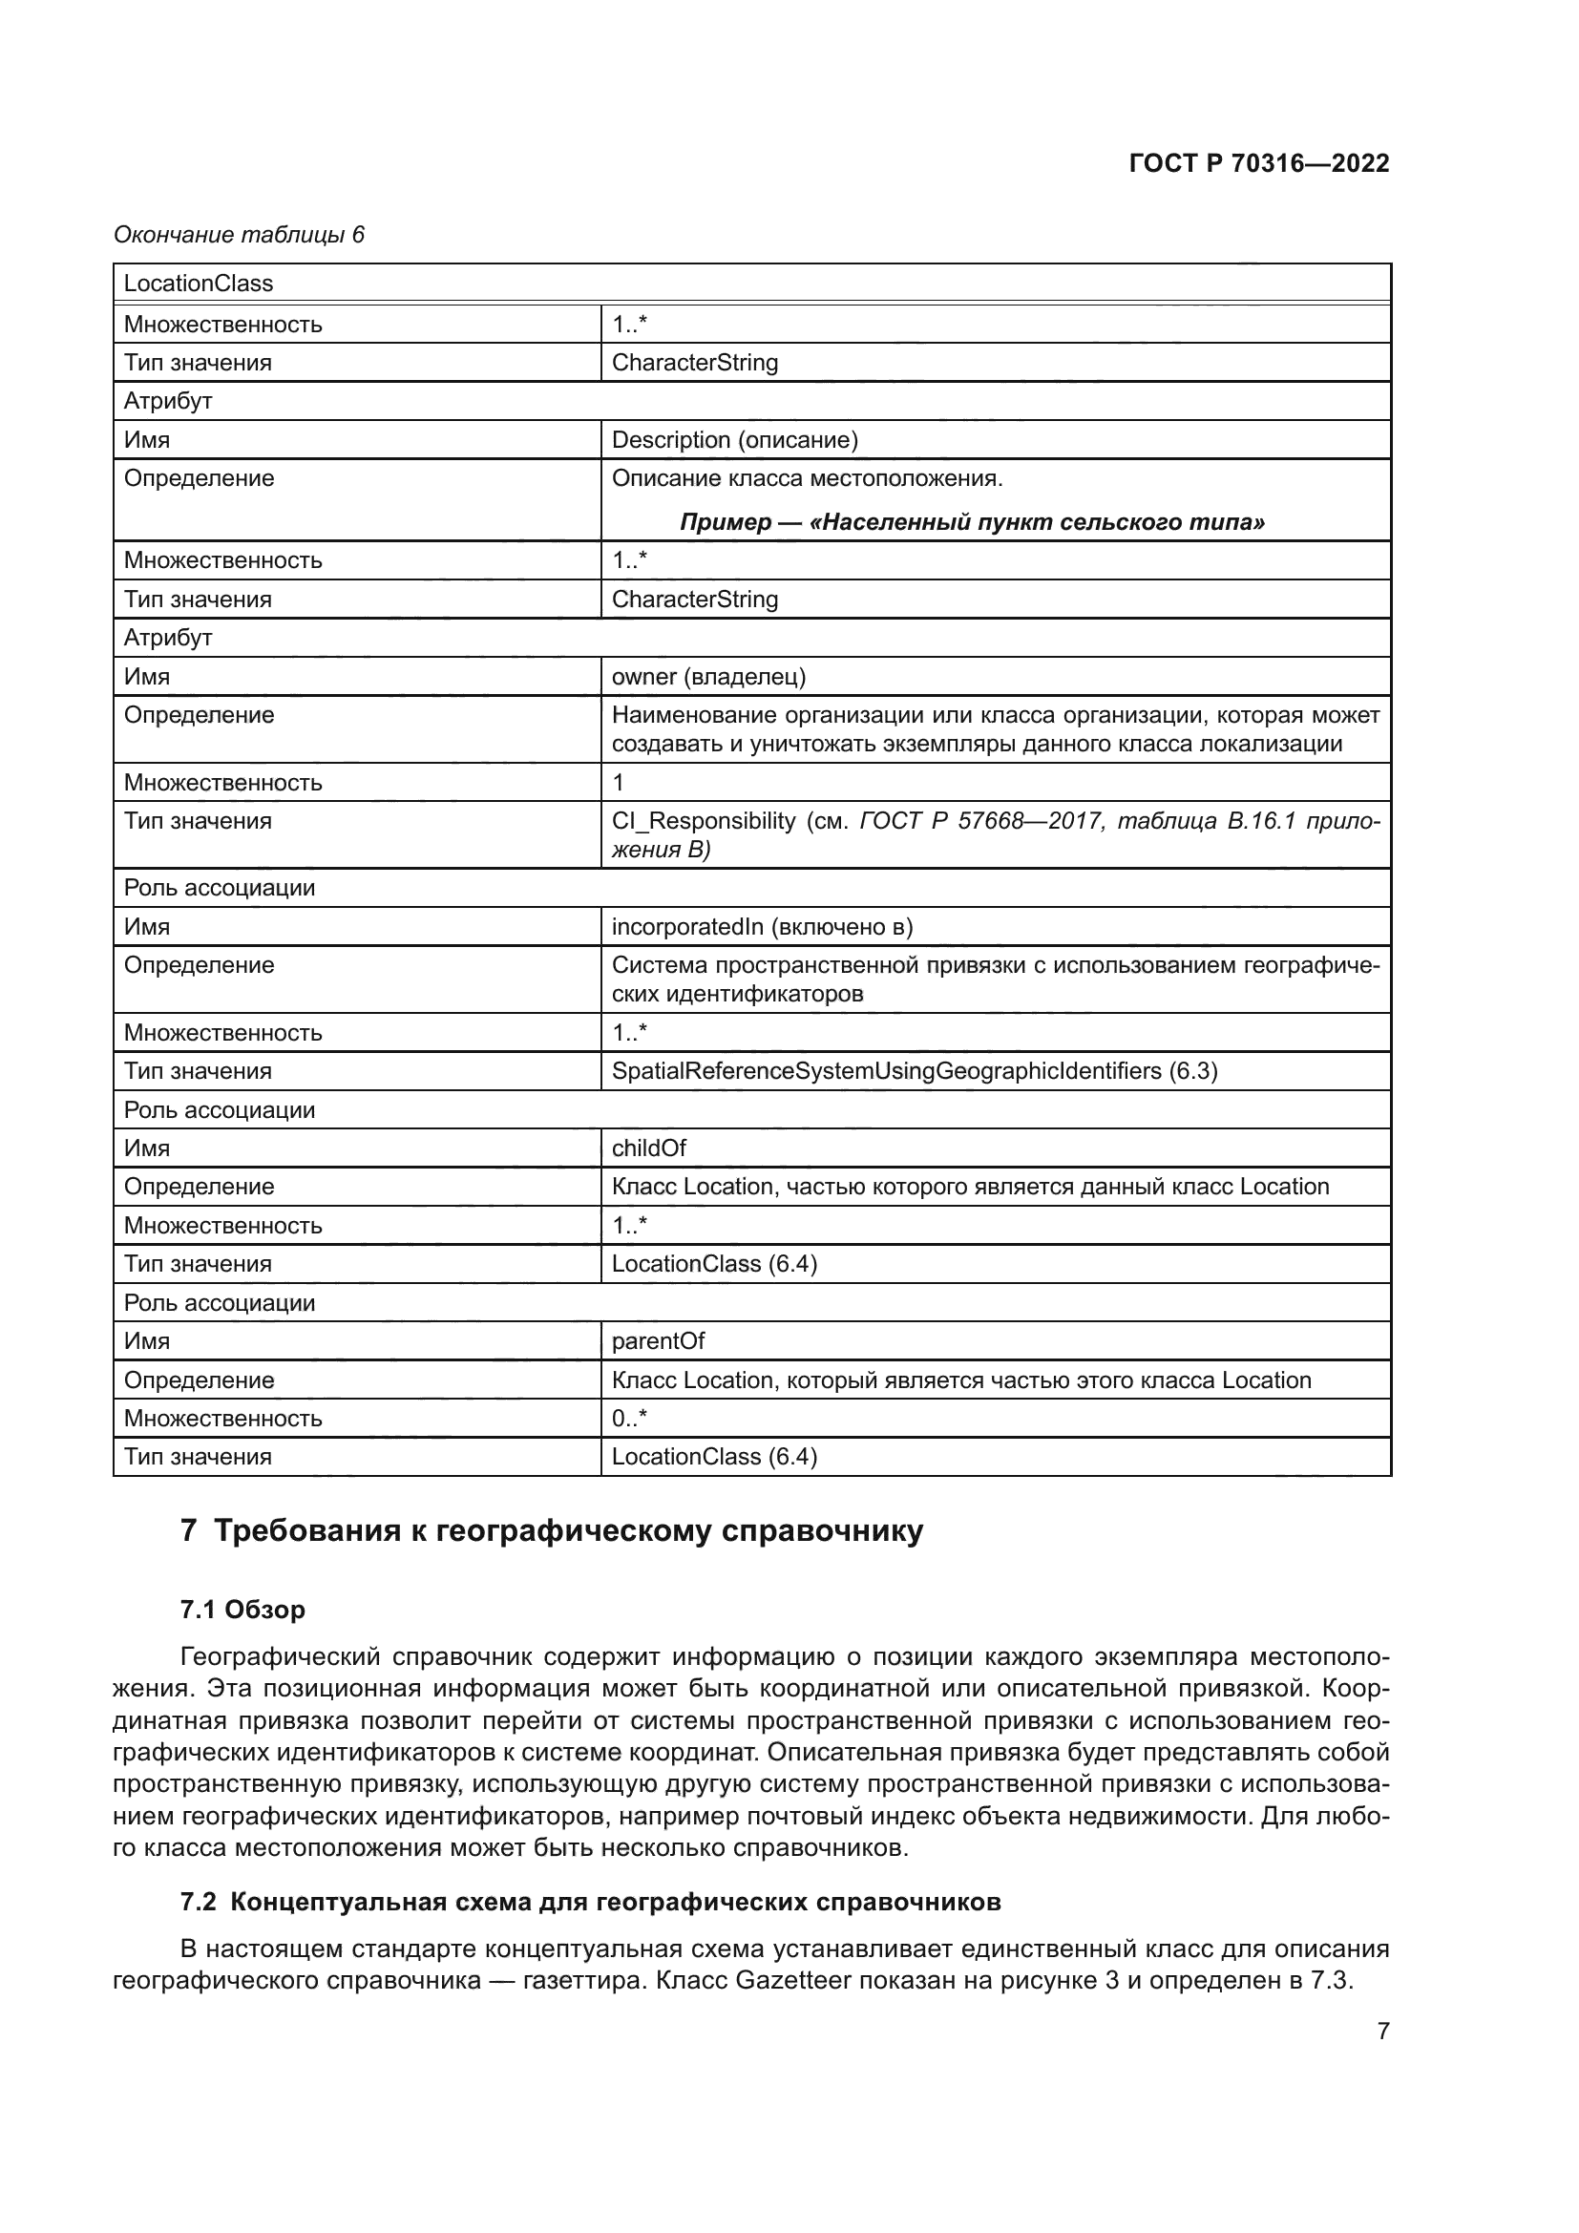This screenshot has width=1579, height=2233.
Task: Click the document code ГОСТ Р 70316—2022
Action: (1258, 163)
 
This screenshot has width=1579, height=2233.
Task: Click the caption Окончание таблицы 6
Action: (240, 235)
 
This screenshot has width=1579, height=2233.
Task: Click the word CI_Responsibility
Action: (703, 821)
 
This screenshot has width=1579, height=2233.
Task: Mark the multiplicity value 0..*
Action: (629, 1418)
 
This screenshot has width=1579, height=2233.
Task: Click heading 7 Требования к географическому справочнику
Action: (551, 1530)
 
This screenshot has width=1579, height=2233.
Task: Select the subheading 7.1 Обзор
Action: (242, 1610)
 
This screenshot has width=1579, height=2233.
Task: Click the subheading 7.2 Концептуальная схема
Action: (590, 1902)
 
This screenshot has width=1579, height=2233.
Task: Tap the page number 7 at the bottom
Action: (1382, 2031)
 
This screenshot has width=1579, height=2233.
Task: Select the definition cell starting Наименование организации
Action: (995, 729)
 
